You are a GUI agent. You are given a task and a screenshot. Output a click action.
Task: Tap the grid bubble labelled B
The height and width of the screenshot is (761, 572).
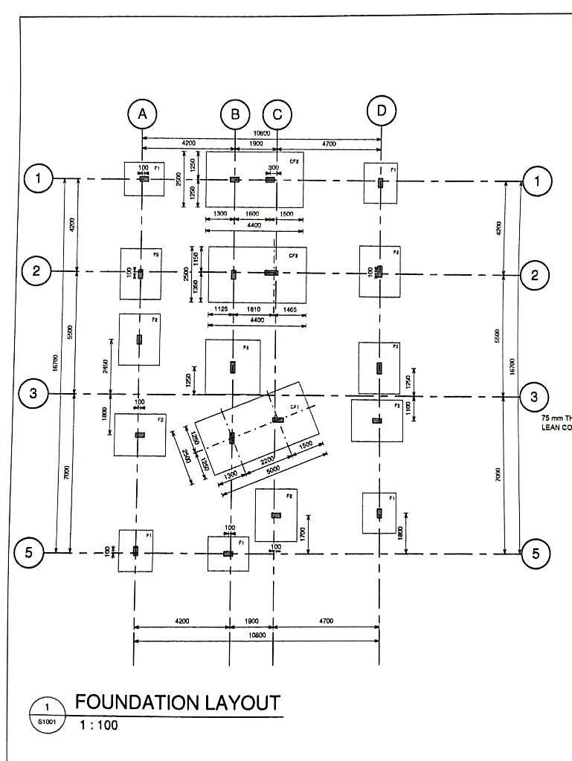click(x=235, y=114)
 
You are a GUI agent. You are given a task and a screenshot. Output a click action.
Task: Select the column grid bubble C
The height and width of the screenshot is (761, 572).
click(x=277, y=114)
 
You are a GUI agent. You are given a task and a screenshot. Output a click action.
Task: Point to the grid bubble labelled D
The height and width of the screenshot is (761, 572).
click(x=382, y=111)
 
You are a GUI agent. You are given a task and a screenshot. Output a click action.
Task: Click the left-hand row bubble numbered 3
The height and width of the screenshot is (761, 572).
click(x=33, y=394)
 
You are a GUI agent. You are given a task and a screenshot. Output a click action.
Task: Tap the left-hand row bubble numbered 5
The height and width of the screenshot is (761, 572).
click(x=29, y=552)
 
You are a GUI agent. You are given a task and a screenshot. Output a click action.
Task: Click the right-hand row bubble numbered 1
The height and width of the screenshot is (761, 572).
click(x=537, y=180)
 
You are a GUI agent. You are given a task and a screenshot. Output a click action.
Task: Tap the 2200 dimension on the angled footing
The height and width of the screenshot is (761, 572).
click(x=268, y=456)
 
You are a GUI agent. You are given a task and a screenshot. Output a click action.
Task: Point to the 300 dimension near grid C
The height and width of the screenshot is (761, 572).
click(x=274, y=168)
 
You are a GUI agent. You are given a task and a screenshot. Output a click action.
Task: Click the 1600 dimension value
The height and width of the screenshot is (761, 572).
click(x=252, y=213)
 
